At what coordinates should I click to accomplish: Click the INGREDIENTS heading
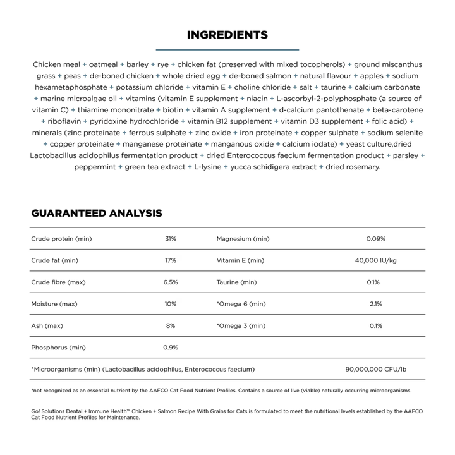[x=227, y=35]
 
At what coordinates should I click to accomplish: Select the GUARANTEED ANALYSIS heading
[x=97, y=214]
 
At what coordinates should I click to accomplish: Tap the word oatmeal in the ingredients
[x=104, y=64]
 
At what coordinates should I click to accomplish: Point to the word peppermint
[x=95, y=167]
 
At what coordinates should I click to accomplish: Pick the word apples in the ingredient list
[x=360, y=76]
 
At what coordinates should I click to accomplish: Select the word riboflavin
[x=66, y=121]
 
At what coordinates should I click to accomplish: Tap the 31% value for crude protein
[x=171, y=239]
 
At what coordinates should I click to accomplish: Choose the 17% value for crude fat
[x=171, y=260]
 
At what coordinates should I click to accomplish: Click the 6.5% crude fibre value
[x=171, y=282]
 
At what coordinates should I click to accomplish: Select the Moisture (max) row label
[x=54, y=304]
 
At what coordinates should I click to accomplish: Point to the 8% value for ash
[x=171, y=325]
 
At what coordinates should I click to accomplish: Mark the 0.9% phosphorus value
[x=171, y=348]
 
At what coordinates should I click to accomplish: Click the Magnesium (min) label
[x=243, y=239]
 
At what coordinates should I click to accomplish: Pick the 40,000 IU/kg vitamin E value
[x=375, y=260]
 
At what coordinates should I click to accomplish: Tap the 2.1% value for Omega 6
[x=375, y=304]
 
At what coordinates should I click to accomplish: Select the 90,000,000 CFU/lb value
[x=375, y=368]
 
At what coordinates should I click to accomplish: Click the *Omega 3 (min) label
[x=241, y=325]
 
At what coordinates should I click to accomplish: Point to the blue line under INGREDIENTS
[x=227, y=49]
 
